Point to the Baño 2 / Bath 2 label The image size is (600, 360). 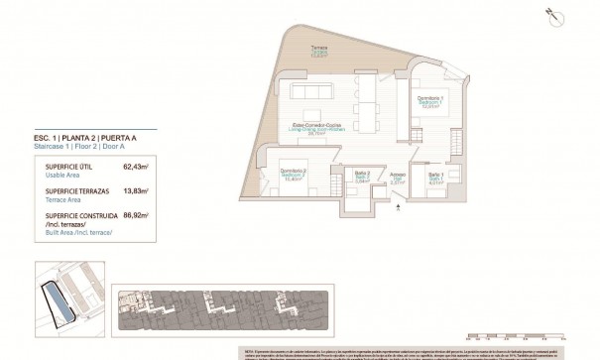pos(361,180)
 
